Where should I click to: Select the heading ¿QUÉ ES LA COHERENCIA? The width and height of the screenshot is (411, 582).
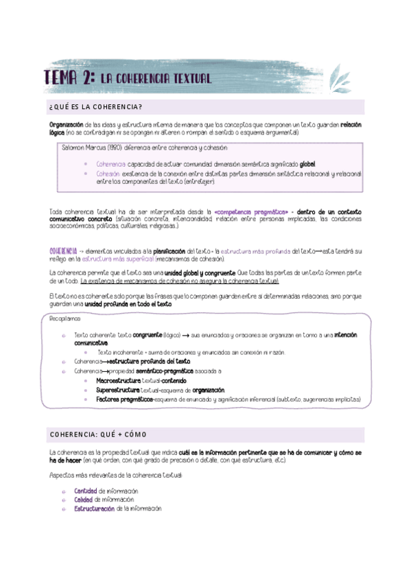pyautogui.click(x=96, y=106)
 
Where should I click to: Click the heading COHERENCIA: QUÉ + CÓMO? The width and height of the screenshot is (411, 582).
pyautogui.click(x=98, y=435)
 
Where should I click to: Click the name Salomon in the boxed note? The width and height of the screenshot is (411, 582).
pyautogui.click(x=73, y=148)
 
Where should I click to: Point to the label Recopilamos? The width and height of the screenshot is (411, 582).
pyautogui.click(x=66, y=318)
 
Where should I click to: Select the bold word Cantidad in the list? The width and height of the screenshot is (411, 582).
pyautogui.click(x=85, y=491)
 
